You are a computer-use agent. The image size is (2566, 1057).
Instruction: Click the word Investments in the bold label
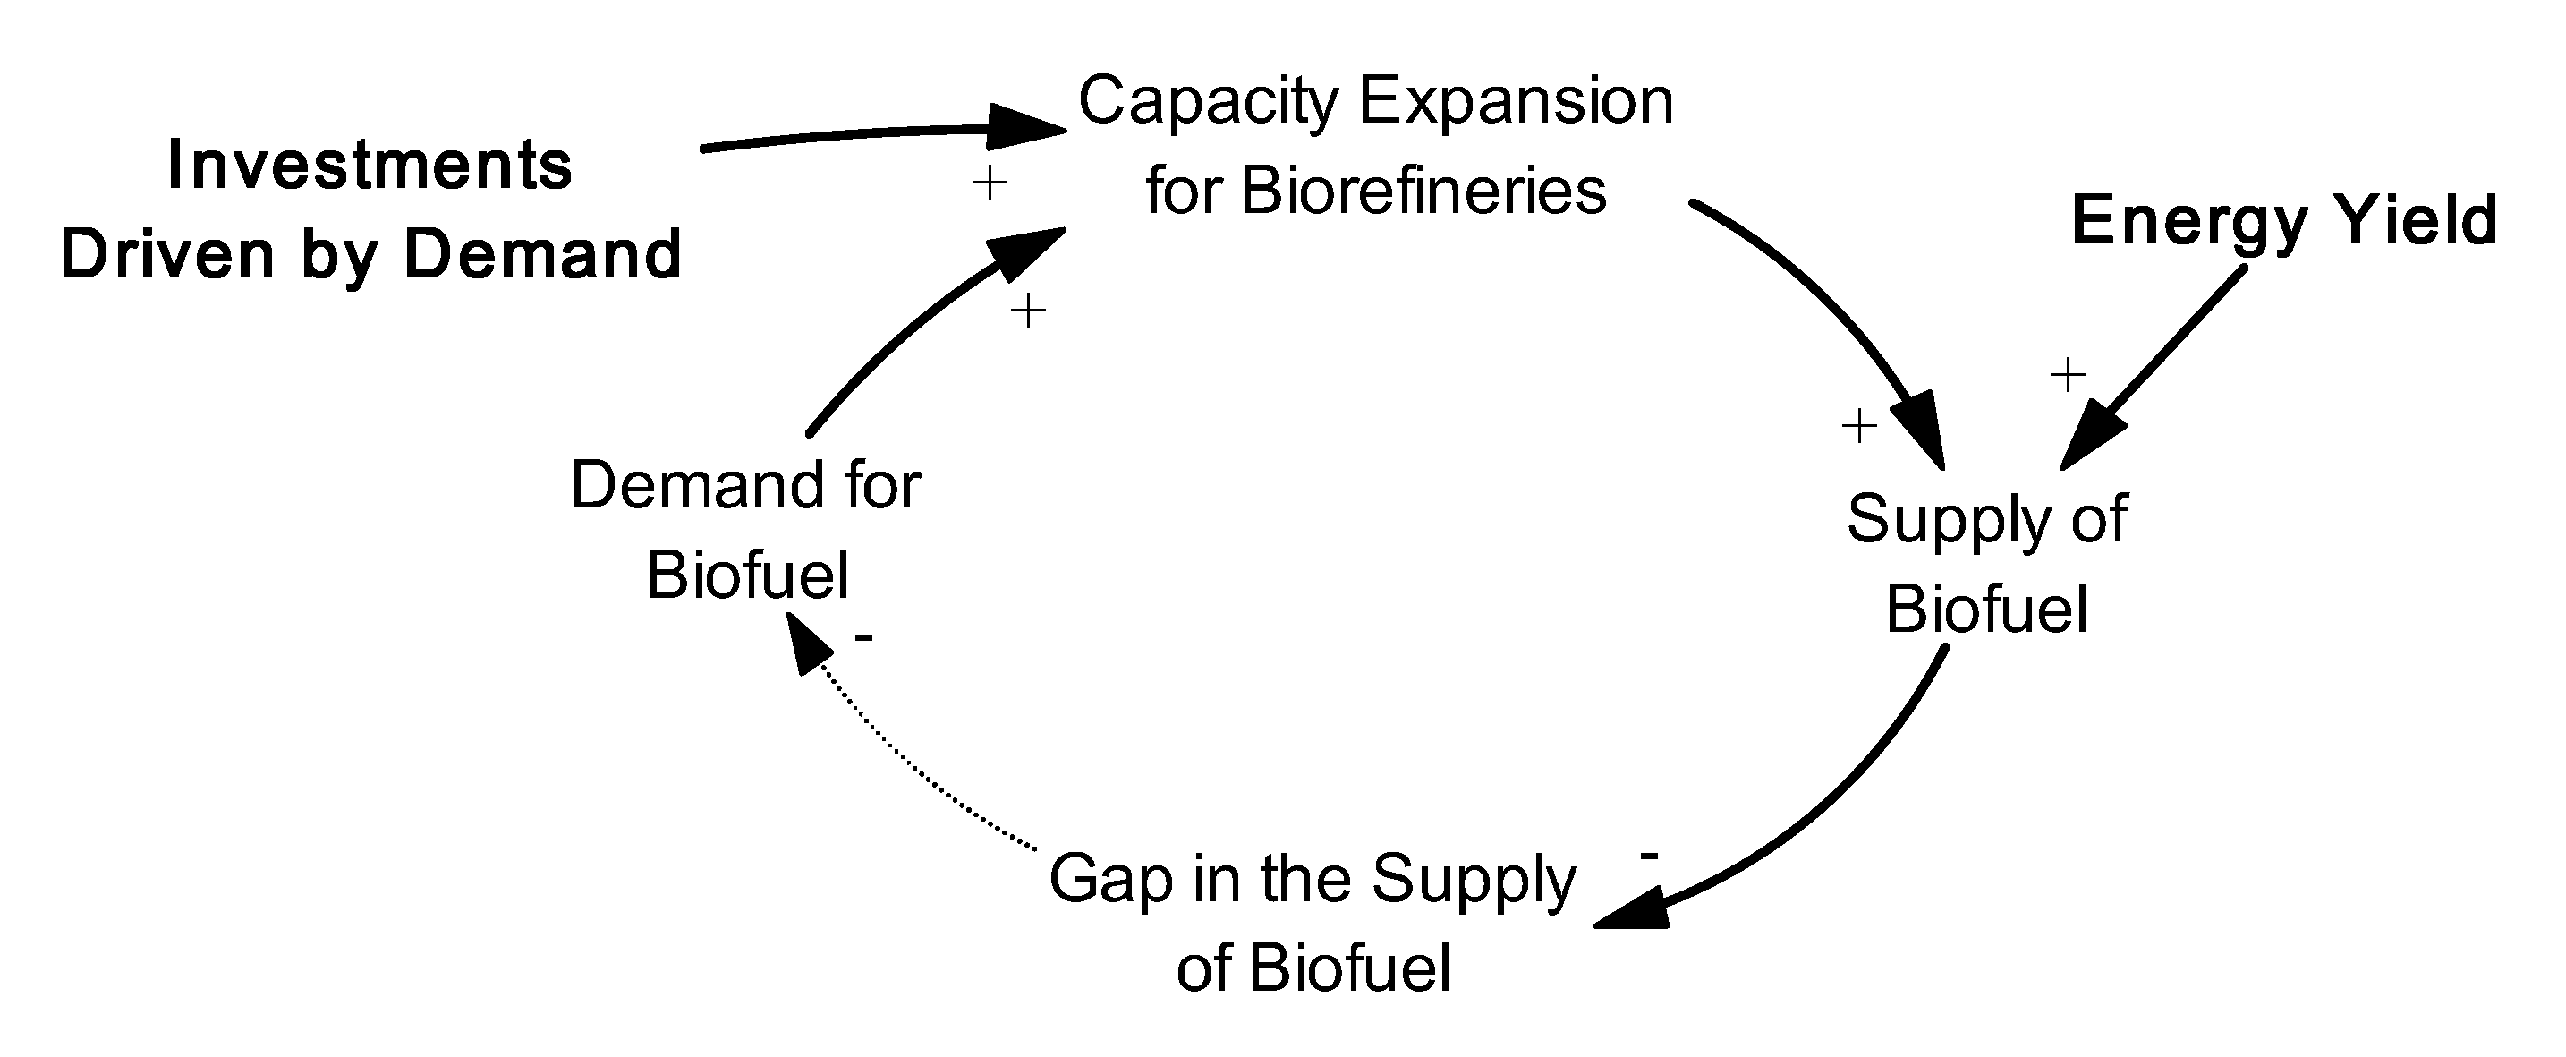[x=370, y=166]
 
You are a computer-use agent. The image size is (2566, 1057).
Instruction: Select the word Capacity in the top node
[x=1208, y=103]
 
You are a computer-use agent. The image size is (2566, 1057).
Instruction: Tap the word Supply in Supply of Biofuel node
[x=1944, y=520]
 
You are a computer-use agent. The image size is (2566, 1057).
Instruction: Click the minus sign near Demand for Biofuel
[x=863, y=636]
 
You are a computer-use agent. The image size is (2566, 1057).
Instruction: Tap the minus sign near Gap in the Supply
[x=1649, y=856]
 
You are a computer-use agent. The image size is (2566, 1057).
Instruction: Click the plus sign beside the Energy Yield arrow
[x=2068, y=376]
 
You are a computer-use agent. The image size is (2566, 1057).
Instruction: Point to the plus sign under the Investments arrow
[x=990, y=183]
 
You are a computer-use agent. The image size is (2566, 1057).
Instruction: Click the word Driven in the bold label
[x=168, y=256]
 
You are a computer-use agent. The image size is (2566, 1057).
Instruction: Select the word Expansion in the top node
[x=1517, y=103]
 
